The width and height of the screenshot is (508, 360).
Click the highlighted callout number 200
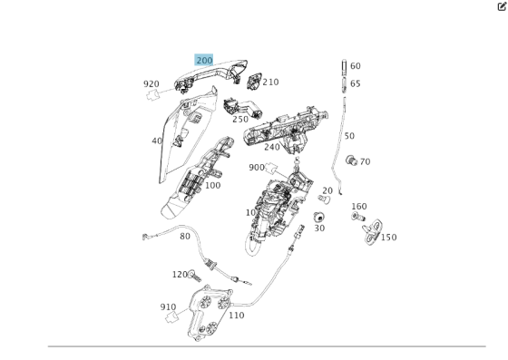click(x=204, y=61)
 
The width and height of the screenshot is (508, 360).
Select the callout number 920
click(x=151, y=84)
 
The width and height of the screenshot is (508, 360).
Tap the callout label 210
click(x=270, y=83)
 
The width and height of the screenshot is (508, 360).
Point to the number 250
click(x=239, y=119)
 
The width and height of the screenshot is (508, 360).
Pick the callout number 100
click(x=212, y=185)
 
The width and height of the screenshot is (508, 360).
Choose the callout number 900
click(x=257, y=167)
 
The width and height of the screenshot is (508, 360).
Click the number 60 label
click(x=355, y=66)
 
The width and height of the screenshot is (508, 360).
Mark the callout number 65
click(x=355, y=83)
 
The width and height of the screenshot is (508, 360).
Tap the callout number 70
click(x=365, y=162)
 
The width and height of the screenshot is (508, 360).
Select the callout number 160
click(x=359, y=207)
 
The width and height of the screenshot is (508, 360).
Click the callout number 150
click(x=388, y=238)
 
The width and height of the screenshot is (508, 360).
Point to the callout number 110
click(x=236, y=316)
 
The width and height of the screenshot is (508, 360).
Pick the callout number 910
click(x=168, y=306)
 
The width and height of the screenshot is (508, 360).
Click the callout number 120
click(x=180, y=274)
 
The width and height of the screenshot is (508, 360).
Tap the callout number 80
click(x=185, y=237)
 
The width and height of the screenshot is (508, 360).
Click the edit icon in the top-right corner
click(x=500, y=6)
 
